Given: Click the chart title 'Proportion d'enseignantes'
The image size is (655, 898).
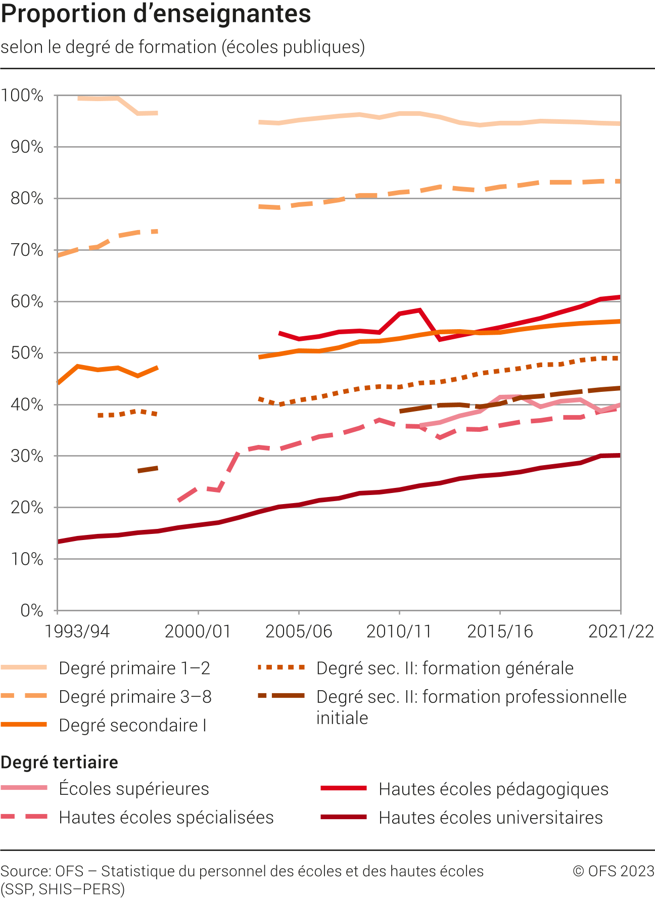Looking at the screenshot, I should click(x=156, y=14).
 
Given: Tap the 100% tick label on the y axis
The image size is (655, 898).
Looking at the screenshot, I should click(x=22, y=95).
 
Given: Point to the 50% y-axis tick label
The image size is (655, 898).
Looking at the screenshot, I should click(x=26, y=353).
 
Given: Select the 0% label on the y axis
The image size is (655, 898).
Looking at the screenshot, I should click(x=31, y=610).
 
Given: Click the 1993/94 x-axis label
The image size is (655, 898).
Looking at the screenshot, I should click(x=77, y=631).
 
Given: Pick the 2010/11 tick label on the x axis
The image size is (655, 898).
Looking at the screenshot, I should click(x=399, y=631).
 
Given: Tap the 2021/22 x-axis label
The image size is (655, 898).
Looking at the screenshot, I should click(x=621, y=631).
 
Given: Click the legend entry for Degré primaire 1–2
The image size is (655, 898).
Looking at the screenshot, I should click(x=134, y=668).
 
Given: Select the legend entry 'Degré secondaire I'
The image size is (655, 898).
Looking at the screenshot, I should click(x=132, y=725).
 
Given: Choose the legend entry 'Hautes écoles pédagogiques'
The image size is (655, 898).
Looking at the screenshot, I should click(x=493, y=789).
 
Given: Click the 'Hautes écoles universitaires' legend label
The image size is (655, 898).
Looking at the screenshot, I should click(x=490, y=818).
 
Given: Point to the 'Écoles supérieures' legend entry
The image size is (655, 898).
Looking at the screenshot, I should click(x=133, y=789).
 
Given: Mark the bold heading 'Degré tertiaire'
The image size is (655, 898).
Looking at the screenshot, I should click(x=60, y=762).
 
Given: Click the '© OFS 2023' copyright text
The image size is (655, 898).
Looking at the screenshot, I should click(x=614, y=871).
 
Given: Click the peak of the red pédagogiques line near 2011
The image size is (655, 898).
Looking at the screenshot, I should click(x=419, y=310).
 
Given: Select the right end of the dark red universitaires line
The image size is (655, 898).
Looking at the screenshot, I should click(x=619, y=456).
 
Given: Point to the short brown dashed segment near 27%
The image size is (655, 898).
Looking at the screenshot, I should click(x=148, y=470).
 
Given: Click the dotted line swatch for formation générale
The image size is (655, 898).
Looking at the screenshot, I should click(x=281, y=668).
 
